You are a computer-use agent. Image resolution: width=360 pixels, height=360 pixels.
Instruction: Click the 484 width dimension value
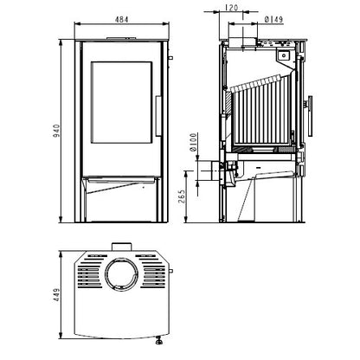(x=121, y=19)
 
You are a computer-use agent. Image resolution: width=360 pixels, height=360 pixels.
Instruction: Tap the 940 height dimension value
(x=56, y=131)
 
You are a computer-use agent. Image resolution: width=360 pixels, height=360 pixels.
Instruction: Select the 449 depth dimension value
(x=56, y=295)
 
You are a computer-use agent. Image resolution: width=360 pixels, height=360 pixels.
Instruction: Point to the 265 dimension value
(x=182, y=196)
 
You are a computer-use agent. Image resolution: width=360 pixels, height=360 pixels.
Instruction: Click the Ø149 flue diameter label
(x=273, y=19)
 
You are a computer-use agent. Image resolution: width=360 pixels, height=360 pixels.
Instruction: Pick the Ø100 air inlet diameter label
(x=193, y=142)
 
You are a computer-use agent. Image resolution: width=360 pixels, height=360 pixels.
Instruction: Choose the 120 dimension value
(x=231, y=8)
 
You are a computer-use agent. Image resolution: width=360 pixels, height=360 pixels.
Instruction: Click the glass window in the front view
(x=121, y=102)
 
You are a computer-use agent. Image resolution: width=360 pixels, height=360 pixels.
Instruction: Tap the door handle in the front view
(x=159, y=116)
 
